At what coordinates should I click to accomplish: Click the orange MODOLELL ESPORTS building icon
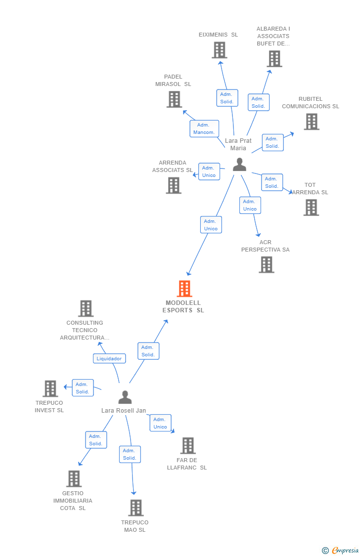[x=184, y=289]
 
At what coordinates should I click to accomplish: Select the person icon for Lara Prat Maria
[x=239, y=165]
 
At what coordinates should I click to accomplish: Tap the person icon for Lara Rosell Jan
[x=125, y=397]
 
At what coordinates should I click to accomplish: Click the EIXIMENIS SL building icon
[x=219, y=50]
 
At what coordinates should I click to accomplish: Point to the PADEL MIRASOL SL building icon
[x=174, y=99]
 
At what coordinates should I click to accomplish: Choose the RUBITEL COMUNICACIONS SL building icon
[x=311, y=122]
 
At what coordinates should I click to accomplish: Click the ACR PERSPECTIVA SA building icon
[x=266, y=264]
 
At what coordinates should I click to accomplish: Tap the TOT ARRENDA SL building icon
[x=311, y=208]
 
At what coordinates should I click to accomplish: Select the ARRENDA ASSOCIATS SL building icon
[x=174, y=185]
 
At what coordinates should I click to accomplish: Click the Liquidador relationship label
[x=109, y=358]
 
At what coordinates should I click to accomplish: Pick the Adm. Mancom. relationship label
[x=204, y=128]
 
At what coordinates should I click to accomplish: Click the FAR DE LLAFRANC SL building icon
[x=188, y=445]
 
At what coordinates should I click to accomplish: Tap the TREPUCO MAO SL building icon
[x=135, y=508]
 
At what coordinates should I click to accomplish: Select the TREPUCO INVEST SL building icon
[x=50, y=388]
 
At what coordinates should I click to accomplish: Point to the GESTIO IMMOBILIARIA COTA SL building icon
[x=74, y=478]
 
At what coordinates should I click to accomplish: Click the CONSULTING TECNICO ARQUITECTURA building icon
[x=86, y=308]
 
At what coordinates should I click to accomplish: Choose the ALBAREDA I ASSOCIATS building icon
[x=274, y=59]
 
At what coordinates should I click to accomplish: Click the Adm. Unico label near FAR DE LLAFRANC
[x=160, y=423]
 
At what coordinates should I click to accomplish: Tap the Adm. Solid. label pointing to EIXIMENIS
[x=227, y=98]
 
